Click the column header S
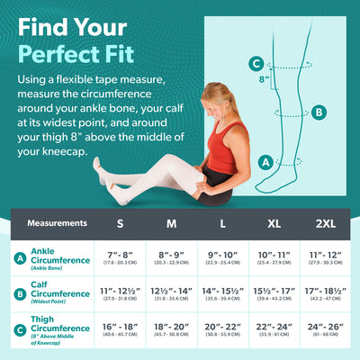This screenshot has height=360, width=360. click(x=121, y=222)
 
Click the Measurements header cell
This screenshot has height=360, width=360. click(x=57, y=222)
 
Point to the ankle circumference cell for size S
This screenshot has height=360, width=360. click(x=121, y=259)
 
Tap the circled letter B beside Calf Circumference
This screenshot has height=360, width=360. click(x=20, y=293)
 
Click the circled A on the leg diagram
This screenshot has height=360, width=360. click(x=265, y=162)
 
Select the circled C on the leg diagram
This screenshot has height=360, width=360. click(x=257, y=63)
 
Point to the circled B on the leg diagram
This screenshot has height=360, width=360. click(x=319, y=112)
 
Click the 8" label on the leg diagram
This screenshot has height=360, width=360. click(x=265, y=79)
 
